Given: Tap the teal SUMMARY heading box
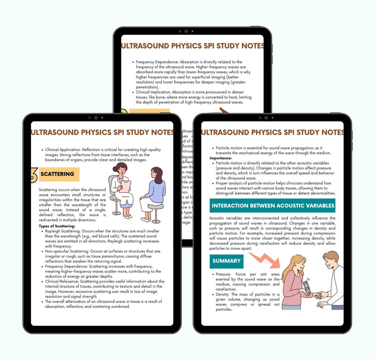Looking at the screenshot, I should point(226,261).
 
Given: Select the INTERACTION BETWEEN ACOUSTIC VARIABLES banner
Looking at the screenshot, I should point(273,206).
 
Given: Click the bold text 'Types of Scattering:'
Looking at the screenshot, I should point(57,226).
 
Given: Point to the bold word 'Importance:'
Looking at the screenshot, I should point(221,158).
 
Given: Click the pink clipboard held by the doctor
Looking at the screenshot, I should point(125,186).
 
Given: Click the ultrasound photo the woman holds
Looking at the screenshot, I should point(307,286).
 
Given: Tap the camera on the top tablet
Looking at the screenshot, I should point(186,31).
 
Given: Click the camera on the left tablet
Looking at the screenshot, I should point(96,118).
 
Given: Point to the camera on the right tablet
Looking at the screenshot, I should point(266,118).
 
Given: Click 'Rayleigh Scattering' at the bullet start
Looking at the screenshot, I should point(63,231).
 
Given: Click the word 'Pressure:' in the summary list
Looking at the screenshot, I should point(223,274).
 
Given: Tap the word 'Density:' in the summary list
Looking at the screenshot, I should point(222,294).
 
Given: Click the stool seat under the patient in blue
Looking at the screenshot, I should point(156,207).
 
